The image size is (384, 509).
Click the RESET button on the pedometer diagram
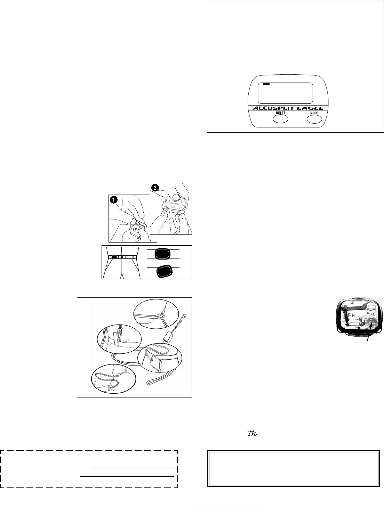coord(280,119)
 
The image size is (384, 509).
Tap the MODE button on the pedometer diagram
coord(314,119)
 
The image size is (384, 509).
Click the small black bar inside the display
coord(266,84)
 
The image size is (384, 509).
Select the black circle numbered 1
coord(113,200)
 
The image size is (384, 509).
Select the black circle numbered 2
coord(154,187)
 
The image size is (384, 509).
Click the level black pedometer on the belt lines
coord(161,254)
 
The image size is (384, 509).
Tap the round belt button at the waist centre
coord(122,257)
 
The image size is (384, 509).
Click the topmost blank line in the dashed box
coord(132,468)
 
